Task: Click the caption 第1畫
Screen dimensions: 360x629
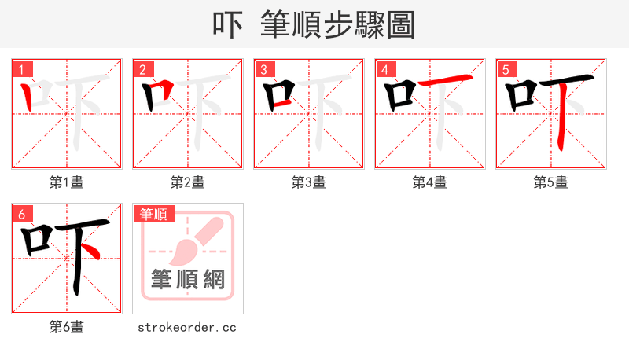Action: point(67,182)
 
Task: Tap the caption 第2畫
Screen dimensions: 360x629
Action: point(188,182)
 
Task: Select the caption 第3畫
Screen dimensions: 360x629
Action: point(309,182)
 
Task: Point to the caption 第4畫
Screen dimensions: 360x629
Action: point(430,182)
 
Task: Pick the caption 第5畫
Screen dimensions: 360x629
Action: point(551,182)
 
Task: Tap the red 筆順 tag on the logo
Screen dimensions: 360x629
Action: point(154,214)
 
